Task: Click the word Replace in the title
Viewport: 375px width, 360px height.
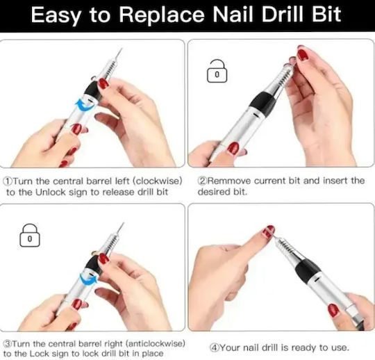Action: click(162, 15)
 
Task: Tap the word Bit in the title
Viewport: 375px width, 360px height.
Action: click(326, 14)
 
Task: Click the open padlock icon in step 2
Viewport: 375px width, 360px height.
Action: click(217, 71)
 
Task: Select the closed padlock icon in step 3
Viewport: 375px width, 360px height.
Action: click(30, 235)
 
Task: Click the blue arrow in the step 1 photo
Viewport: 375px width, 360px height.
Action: click(85, 106)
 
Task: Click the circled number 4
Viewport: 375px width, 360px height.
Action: click(215, 347)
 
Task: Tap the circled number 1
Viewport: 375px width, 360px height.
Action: click(8, 181)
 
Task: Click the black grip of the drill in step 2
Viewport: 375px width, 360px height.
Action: click(262, 103)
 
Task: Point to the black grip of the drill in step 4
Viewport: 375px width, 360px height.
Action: click(308, 270)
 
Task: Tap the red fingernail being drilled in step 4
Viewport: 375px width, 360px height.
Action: click(267, 231)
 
